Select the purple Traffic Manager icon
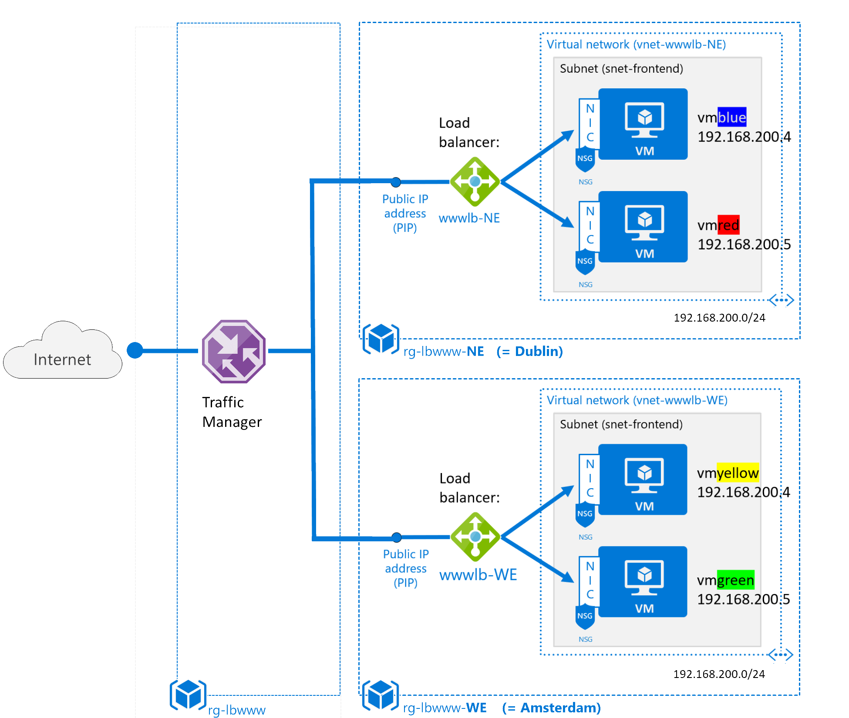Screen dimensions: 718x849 pos(234,351)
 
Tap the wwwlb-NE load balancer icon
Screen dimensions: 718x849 pos(475,181)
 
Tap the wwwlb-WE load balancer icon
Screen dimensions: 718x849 pos(475,537)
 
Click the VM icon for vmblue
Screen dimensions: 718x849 pos(643,124)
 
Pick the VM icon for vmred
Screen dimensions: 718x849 pos(643,227)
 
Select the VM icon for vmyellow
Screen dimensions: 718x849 pos(643,480)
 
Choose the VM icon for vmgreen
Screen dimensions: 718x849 pos(643,582)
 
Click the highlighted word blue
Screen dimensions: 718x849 pos(732,117)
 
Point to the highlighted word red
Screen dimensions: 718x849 pos(728,225)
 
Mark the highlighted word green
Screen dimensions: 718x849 pos(735,580)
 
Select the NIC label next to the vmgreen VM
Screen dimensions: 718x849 pos(590,580)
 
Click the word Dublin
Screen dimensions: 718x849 pos(539,351)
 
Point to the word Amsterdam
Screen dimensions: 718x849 pos(560,708)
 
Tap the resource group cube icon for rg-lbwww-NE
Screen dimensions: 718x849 pos(381,339)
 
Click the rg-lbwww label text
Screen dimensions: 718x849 pos(237,710)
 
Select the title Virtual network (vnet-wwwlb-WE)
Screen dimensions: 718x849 pos(637,400)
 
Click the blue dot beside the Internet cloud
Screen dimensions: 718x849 pos(135,350)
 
